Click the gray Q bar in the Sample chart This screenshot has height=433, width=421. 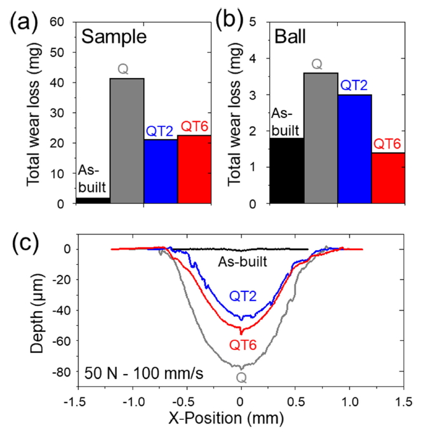click(x=127, y=140)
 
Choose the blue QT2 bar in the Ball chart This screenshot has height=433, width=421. click(x=354, y=149)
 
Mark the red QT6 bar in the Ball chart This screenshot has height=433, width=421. click(x=387, y=178)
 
